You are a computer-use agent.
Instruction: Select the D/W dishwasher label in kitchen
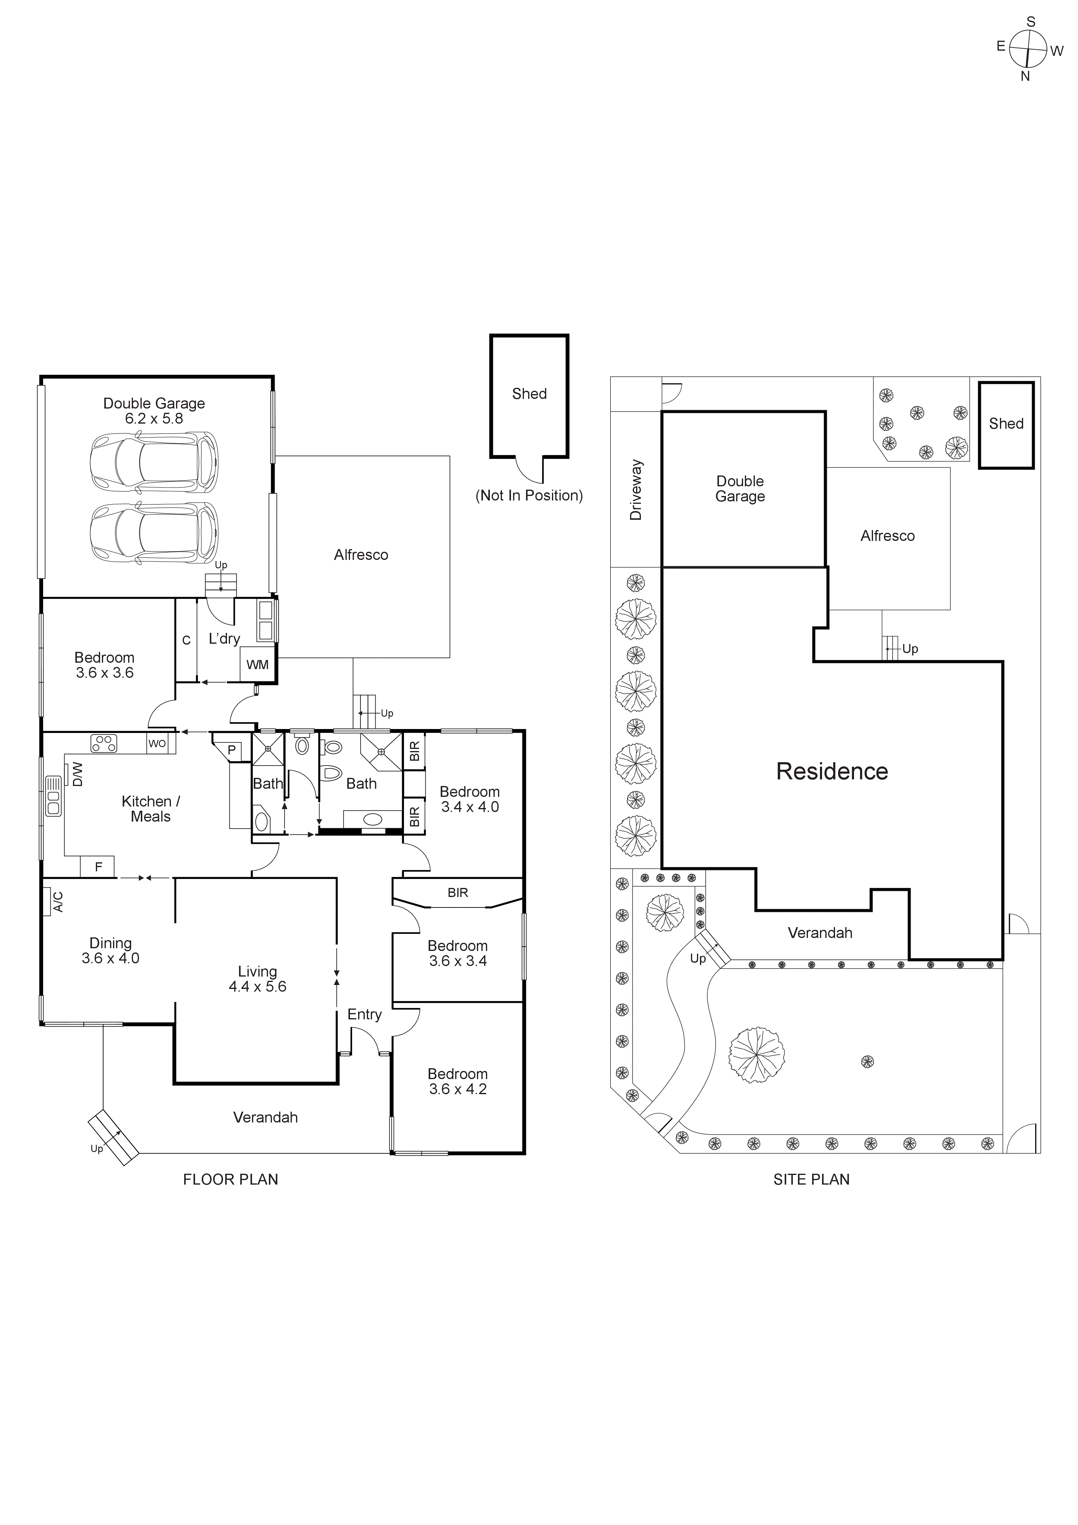(x=77, y=774)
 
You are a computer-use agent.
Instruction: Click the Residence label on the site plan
(x=832, y=771)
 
